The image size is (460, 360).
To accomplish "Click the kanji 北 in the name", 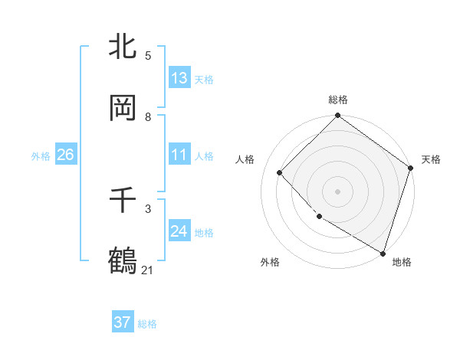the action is (123, 47).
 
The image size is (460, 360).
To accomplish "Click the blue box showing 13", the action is (179, 78).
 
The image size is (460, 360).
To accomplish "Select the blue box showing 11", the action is (179, 155).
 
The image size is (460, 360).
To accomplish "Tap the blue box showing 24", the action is (179, 231).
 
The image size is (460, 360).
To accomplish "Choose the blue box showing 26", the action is (65, 155).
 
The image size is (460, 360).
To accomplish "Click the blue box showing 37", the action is (123, 322).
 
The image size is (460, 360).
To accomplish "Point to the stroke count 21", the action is (148, 270).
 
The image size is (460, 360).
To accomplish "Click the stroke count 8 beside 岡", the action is (148, 116).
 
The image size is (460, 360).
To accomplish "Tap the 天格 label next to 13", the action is (204, 80).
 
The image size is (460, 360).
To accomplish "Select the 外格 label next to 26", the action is (41, 156).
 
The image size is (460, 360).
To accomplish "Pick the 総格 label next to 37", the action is (147, 324).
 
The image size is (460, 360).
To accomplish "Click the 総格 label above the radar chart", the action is (338, 100).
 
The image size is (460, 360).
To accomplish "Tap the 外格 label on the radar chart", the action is (270, 263).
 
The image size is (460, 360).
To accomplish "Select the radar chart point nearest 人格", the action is (280, 172).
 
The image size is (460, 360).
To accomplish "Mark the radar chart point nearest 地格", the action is (383, 252).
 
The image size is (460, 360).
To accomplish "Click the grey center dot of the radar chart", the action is (338, 191).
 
